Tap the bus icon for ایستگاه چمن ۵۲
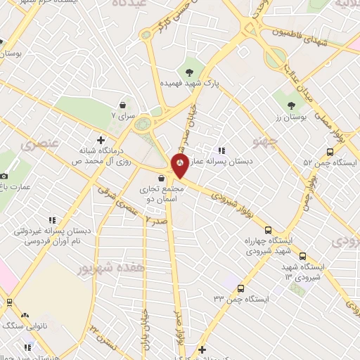pos(330,151)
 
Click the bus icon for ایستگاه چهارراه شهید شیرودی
pos(268,229)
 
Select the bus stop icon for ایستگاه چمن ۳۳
pos(240,288)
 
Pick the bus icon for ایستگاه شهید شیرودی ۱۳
pos(303,257)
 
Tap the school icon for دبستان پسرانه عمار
pos(221,150)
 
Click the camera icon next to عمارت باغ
pos(4,174)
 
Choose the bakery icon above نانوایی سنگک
pos(26,315)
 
